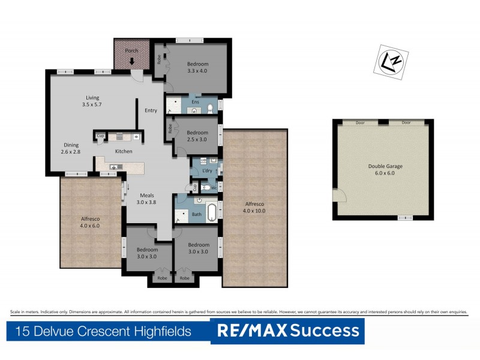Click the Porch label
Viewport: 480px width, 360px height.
pos(131,51)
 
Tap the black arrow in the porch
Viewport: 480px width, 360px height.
pos(131,61)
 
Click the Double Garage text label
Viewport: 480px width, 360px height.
pos(382,169)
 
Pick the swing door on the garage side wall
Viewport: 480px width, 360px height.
pos(339,194)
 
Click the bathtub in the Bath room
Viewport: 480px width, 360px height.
pos(212,213)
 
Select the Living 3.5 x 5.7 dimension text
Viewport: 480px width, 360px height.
pos(92,101)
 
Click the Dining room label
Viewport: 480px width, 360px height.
pos(71,148)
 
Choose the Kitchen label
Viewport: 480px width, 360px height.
pos(124,151)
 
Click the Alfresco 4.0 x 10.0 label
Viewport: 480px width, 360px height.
pos(254,208)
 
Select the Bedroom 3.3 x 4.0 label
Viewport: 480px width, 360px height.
pos(197,67)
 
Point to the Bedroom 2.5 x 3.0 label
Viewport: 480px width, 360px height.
pos(197,136)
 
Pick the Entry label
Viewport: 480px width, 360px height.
pos(151,110)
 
